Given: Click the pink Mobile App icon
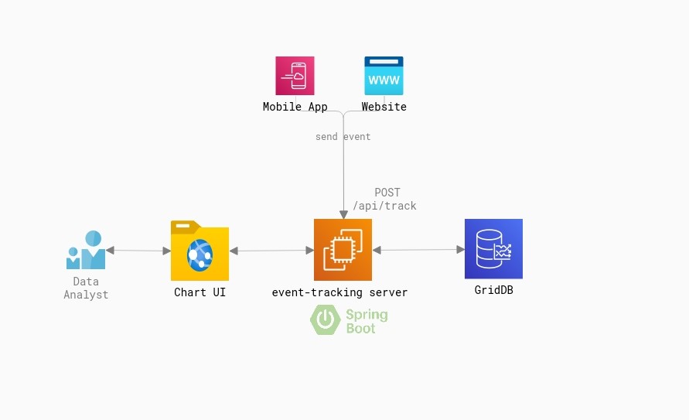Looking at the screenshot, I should (295, 75).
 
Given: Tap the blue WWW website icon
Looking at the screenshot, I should (384, 75).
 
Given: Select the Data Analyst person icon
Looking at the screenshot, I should (86, 250).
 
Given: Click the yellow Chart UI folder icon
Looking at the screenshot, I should (200, 251).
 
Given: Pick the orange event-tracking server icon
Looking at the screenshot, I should (343, 250).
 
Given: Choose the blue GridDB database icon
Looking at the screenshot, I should (493, 249).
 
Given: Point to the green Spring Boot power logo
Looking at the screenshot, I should (326, 320).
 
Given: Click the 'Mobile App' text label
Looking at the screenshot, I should (295, 107).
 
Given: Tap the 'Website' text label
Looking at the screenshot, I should (384, 107).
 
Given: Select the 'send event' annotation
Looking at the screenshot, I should (343, 137).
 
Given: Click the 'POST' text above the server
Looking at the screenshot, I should (387, 193).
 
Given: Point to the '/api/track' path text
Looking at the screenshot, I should (384, 206).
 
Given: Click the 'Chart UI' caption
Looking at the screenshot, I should (200, 292).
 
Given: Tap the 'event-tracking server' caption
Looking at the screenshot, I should (339, 292).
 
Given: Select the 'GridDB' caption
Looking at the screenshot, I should (493, 290).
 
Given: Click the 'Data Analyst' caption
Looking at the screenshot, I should (86, 288).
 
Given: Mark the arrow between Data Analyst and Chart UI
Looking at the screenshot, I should (138, 251).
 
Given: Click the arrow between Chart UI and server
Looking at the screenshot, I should (271, 251).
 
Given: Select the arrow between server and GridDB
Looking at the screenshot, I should (418, 250).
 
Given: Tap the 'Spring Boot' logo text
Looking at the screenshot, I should (366, 321).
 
